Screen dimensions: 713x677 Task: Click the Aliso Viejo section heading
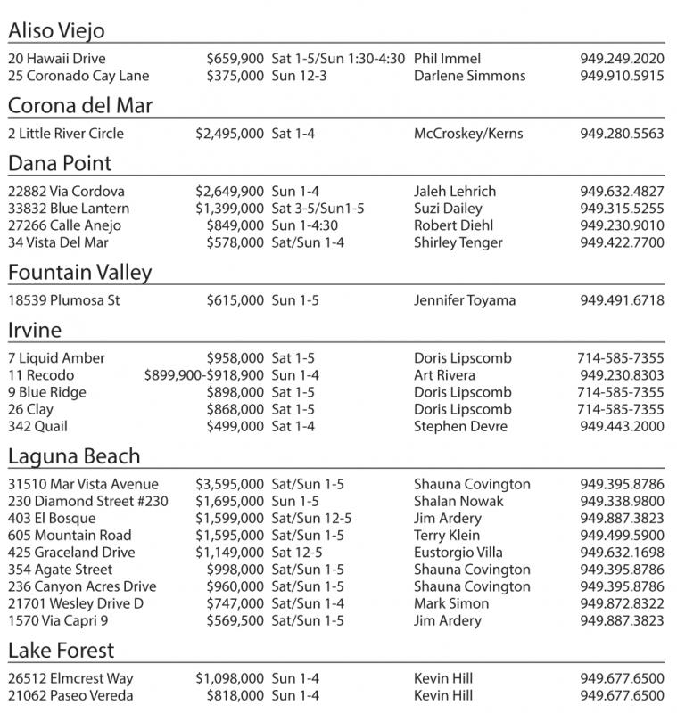coord(56,31)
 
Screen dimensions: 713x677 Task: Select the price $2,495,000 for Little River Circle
coord(229,134)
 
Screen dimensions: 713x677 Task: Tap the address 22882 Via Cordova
coord(66,192)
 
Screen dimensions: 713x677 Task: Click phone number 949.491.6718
coord(622,300)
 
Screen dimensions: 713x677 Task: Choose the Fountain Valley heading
coord(79,273)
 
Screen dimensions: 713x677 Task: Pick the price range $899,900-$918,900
coord(203,375)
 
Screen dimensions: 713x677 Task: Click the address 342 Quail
coord(37,427)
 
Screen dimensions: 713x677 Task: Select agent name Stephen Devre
coord(460,427)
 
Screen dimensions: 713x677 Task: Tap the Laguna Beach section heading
coord(74,456)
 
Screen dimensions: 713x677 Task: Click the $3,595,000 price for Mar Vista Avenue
coord(229,485)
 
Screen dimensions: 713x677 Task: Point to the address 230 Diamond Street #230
coord(87,502)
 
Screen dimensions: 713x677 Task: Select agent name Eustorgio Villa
coord(458,553)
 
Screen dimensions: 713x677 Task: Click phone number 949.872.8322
coord(622,603)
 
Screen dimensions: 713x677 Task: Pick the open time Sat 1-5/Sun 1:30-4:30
coord(338,59)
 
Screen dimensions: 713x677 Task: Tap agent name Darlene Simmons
coord(469,76)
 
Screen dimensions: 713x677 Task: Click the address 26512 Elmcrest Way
coord(70,679)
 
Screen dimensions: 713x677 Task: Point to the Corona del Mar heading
coord(80,106)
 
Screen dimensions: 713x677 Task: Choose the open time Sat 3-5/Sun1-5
coord(318,209)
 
